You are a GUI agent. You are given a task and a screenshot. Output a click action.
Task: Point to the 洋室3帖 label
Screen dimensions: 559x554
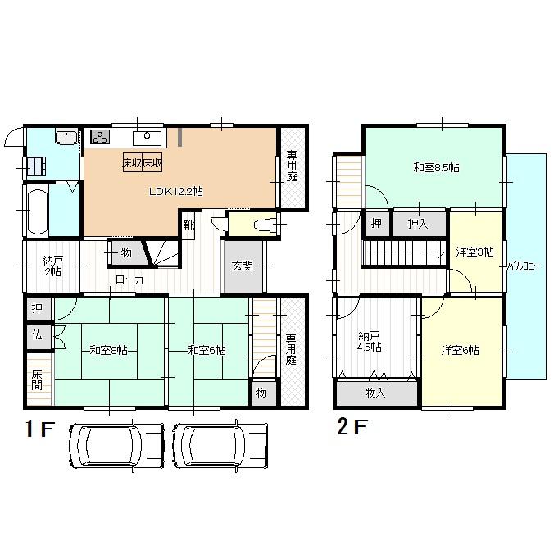pos(474,252)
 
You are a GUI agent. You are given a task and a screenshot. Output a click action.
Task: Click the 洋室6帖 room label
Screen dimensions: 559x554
pos(460,350)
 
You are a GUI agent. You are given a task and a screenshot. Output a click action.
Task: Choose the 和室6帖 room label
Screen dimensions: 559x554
pos(207,350)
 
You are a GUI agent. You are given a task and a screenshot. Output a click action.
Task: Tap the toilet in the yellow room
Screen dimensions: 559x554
pos(261,224)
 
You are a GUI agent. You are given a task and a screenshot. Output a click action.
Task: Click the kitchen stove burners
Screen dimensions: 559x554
pos(100,137)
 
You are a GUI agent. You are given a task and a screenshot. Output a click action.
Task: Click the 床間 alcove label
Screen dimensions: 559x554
pos(37,381)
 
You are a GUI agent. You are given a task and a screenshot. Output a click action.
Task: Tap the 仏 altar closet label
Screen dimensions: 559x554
pos(38,334)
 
